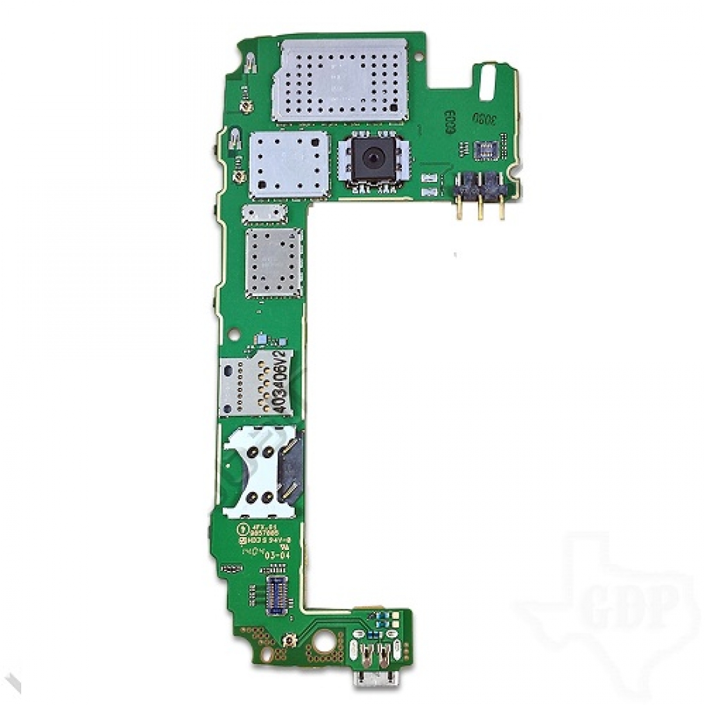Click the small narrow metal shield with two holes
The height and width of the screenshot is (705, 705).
(x=263, y=213)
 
